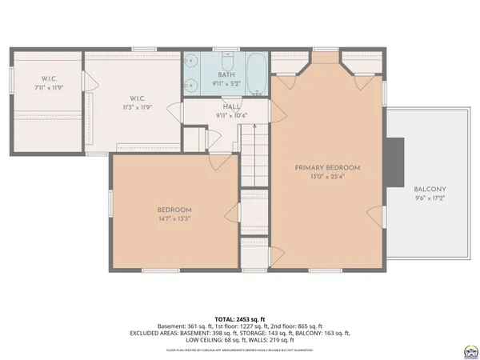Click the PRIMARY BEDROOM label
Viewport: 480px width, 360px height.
[x=327, y=167]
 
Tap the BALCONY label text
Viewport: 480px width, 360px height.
[x=430, y=190]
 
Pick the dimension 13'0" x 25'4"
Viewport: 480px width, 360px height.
[x=327, y=177]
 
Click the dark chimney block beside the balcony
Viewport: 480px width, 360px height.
[x=394, y=161]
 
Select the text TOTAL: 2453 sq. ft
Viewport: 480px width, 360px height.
[x=240, y=318]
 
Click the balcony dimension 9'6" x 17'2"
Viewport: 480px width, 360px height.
[x=430, y=198]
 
